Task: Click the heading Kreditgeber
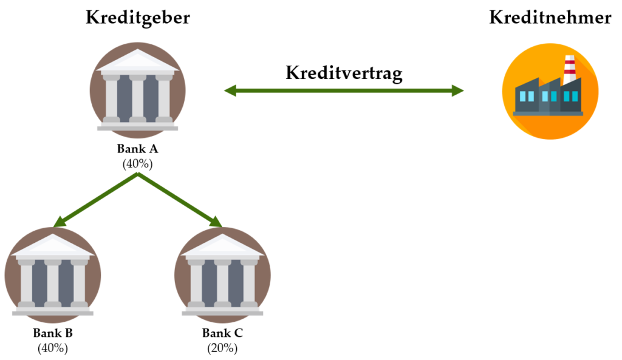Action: click(x=138, y=18)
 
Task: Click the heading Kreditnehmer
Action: click(x=550, y=18)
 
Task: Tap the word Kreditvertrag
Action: click(x=344, y=73)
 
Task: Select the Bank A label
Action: click(x=138, y=149)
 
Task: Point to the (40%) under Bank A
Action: click(x=138, y=164)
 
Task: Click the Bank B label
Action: click(x=53, y=333)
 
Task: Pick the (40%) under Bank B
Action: click(x=53, y=348)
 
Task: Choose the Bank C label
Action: click(x=222, y=333)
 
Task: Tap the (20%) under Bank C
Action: click(x=222, y=348)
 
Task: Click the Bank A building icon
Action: click(x=138, y=90)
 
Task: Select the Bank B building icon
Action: click(x=53, y=275)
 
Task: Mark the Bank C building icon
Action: click(x=222, y=275)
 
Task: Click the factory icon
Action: click(x=550, y=91)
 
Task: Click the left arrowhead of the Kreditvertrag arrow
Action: click(x=230, y=91)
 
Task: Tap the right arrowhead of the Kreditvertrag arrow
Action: click(x=458, y=91)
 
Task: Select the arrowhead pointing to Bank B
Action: click(x=60, y=222)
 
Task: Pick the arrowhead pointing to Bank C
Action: click(x=216, y=222)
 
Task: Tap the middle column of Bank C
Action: click(x=222, y=284)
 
